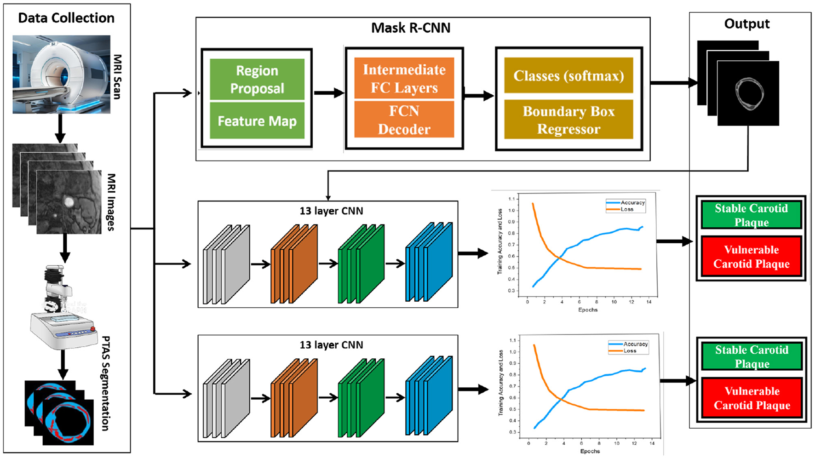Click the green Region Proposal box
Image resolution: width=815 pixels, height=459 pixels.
click(257, 79)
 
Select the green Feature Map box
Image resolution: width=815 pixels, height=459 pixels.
click(257, 120)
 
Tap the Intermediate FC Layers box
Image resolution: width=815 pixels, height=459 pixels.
click(404, 78)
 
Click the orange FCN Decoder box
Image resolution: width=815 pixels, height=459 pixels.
click(404, 120)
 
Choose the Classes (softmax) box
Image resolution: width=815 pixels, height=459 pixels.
click(568, 75)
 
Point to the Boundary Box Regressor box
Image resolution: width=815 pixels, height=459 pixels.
click(568, 120)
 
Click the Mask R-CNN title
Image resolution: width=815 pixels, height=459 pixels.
click(410, 28)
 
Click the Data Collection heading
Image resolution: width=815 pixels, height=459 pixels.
click(66, 18)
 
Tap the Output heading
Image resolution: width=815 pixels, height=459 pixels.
click(746, 24)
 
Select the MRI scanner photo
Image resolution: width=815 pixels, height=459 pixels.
click(61, 75)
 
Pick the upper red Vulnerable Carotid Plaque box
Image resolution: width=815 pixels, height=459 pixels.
click(751, 257)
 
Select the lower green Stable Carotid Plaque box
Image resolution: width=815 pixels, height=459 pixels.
click(752, 356)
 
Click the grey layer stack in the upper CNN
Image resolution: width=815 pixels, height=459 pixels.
click(226, 264)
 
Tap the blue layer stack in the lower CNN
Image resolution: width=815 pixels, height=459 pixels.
click(429, 396)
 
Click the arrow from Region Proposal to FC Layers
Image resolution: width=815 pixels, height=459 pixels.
click(328, 93)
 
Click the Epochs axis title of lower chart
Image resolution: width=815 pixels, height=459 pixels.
click(590, 451)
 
